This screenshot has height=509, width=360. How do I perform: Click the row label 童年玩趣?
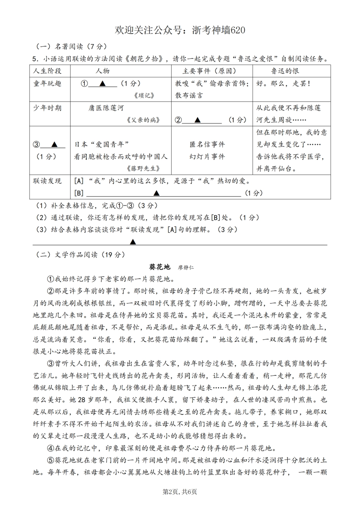47,83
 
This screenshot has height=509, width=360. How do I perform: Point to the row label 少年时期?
47,108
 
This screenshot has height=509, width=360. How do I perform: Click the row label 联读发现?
47,181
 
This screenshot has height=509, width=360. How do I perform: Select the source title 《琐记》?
144,95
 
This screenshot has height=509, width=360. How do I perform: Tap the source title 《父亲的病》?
142,120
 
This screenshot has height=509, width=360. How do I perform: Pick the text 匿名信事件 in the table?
207,144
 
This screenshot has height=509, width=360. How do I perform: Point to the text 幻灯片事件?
207,156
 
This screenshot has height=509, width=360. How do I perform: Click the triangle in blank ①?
102,84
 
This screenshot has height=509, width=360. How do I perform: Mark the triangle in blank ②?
197,120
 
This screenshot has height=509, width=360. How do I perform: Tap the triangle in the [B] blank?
156,193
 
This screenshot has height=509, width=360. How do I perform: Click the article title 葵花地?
160,267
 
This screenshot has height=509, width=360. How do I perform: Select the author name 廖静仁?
186,267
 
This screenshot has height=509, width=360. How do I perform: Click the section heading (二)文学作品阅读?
80,254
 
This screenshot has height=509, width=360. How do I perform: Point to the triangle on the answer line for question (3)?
133,242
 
